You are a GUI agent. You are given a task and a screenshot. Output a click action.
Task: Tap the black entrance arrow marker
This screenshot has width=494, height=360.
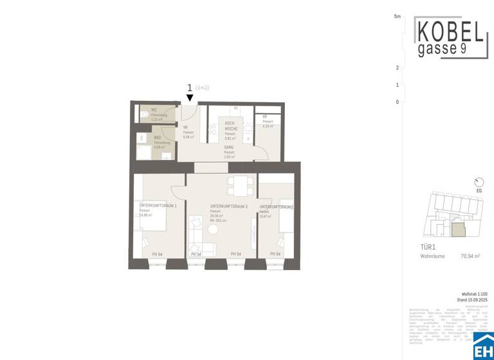pyautogui.click(x=190, y=98)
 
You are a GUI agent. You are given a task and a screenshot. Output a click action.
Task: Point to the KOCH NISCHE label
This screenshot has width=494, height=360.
pyautogui.click(x=230, y=124)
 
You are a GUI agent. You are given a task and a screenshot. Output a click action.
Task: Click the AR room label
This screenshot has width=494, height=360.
pyautogui.click(x=264, y=117)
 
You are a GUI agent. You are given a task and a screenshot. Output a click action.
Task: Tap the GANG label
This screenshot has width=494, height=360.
pyautogui.click(x=229, y=147)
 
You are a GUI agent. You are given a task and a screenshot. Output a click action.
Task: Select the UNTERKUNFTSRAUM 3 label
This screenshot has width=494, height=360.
pyautogui.click(x=228, y=206)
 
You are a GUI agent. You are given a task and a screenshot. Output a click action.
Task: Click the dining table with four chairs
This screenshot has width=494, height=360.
pyautogui.click(x=239, y=186)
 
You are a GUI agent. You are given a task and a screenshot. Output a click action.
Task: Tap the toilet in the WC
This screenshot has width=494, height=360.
pyautogui.click(x=142, y=114)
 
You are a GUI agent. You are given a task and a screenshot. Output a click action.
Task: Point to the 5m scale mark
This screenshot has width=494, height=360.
pyautogui.click(x=398, y=16)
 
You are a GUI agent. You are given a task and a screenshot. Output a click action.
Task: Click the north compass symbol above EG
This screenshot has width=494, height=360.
pyautogui.click(x=478, y=182)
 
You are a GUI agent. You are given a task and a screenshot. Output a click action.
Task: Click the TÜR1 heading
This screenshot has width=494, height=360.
pyautogui.click(x=428, y=247)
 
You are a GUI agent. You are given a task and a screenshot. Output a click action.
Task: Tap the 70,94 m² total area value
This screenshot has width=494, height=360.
pyautogui.click(x=471, y=256)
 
